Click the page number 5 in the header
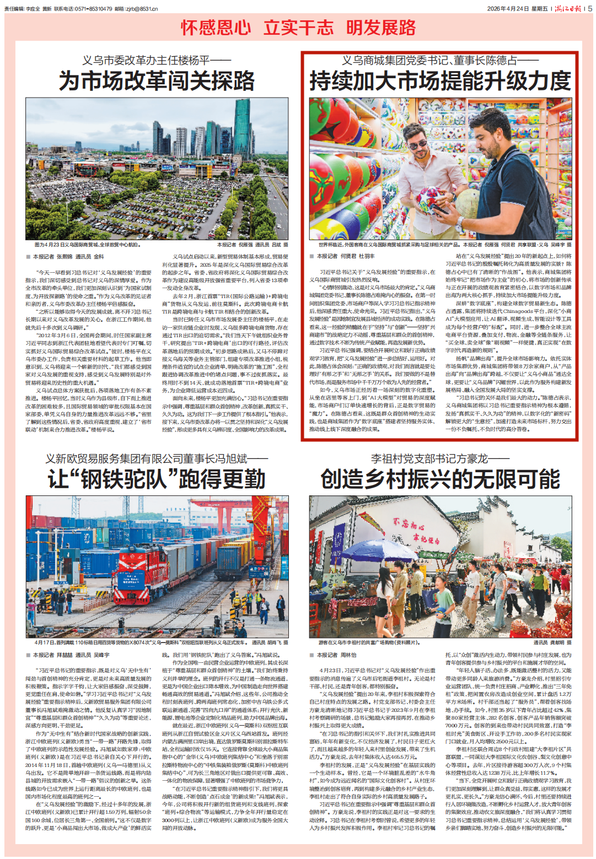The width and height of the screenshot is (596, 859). (x=590, y=8)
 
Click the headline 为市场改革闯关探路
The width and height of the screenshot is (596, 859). (x=157, y=81)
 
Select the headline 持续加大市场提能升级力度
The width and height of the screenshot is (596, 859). (x=439, y=81)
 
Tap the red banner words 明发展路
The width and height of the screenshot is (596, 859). (x=381, y=28)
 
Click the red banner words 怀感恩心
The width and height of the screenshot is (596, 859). (x=216, y=28)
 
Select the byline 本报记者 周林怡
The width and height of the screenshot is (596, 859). (x=337, y=655)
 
